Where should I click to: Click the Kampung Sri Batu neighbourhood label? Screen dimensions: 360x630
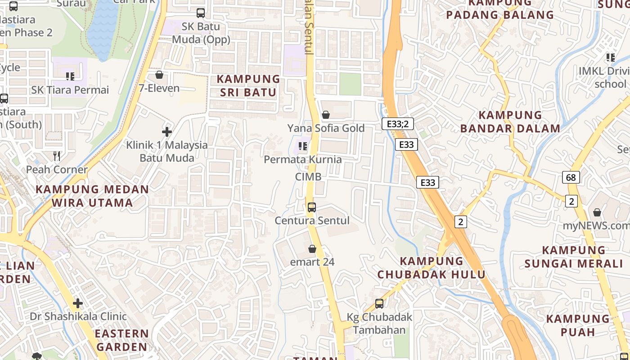click(248, 85)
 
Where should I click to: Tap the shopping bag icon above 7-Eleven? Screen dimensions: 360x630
click(159, 75)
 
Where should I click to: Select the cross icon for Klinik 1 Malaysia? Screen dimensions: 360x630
click(167, 132)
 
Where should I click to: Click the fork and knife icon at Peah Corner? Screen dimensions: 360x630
click(57, 156)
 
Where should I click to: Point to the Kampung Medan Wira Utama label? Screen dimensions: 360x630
click(92, 196)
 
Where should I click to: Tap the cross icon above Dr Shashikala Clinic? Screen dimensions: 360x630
click(78, 303)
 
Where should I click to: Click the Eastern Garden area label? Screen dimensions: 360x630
click(121, 340)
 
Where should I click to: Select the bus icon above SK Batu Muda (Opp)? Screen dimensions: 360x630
click(201, 13)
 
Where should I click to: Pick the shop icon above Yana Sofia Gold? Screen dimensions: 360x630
click(326, 115)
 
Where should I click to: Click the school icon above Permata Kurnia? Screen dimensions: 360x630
click(303, 146)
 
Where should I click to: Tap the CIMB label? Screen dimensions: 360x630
click(308, 177)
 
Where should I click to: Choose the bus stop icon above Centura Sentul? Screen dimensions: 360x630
click(312, 207)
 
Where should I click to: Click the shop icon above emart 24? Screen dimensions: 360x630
click(312, 249)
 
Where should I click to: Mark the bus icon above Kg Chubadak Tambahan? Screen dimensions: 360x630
click(379, 304)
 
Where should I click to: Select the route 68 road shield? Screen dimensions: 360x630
click(571, 177)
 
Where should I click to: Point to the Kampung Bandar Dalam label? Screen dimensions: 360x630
click(510, 121)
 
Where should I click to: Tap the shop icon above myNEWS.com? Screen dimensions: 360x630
click(597, 212)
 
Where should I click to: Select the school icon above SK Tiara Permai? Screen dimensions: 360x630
click(70, 76)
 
